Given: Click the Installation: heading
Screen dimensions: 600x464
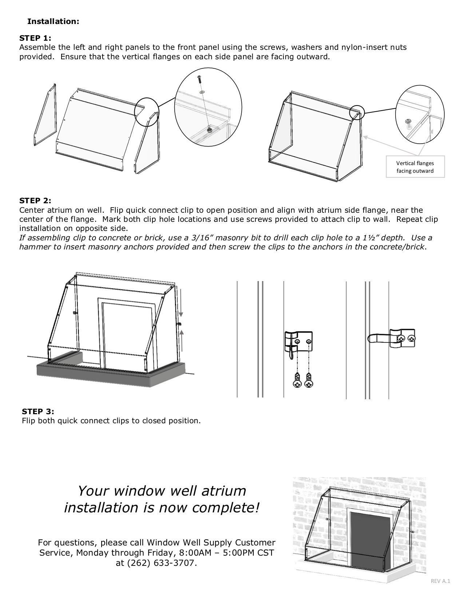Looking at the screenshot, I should coord(53,21).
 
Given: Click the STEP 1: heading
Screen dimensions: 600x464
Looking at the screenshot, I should coord(35,38).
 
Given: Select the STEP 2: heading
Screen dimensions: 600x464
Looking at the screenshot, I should coord(35,201).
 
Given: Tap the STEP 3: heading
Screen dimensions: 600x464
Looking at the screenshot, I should coord(38,411).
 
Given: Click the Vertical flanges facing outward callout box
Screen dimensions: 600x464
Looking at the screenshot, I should coord(415,167).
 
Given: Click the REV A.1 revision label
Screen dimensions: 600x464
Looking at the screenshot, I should coord(440,581).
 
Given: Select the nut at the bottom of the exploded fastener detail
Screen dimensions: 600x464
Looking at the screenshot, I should coord(210,129).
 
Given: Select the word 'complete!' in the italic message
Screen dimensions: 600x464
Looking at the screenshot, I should coord(226,508).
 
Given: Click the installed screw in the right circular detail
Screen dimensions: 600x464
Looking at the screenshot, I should coord(408,123).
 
